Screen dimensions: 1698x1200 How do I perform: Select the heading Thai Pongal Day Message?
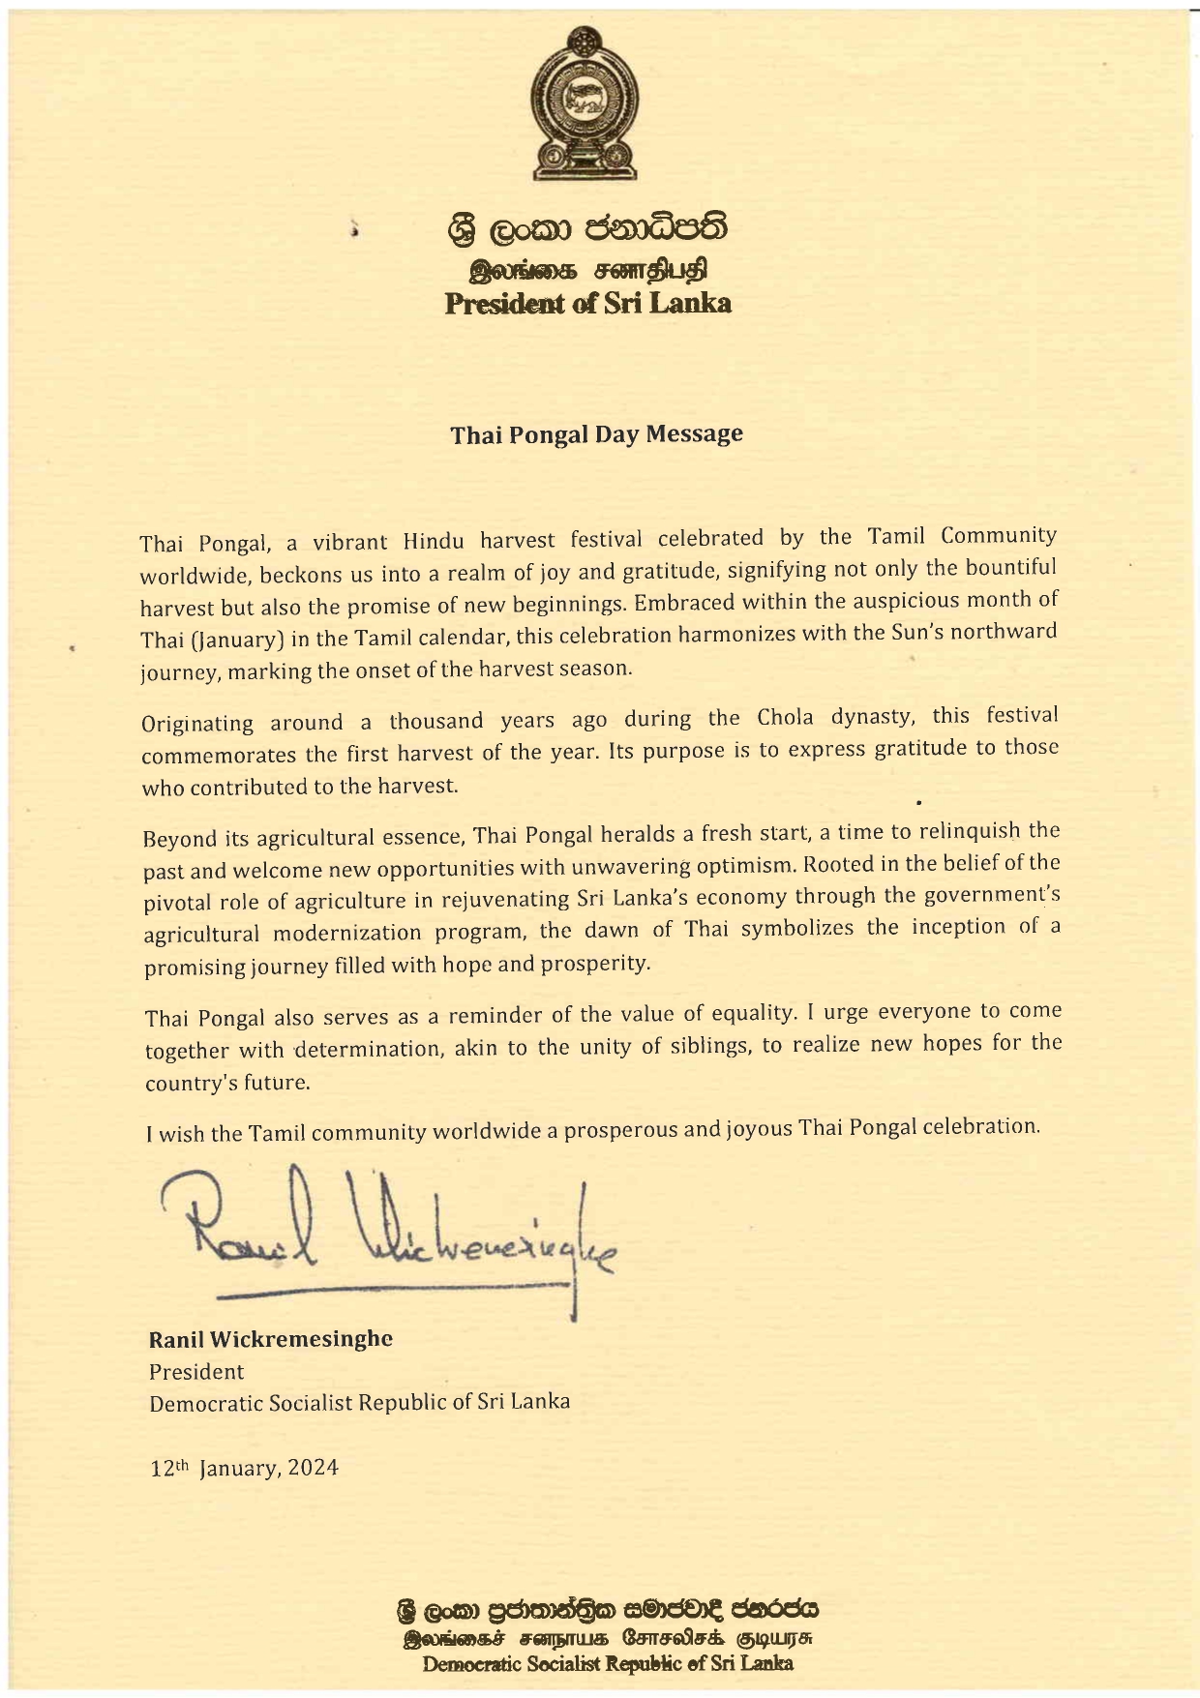pyautogui.click(x=596, y=434)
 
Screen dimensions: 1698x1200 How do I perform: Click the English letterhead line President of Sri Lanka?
pyautogui.click(x=587, y=304)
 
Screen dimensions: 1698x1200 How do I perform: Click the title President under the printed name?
pyautogui.click(x=195, y=1371)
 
